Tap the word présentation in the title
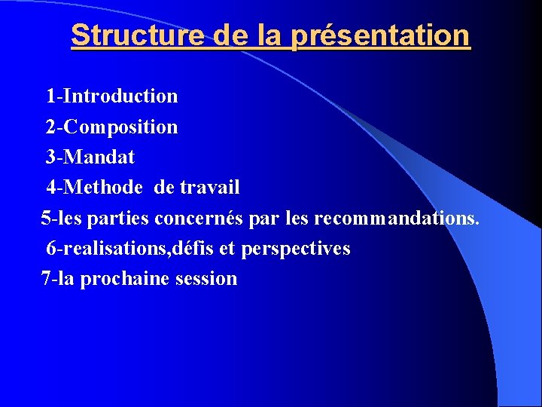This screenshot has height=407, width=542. point(379,35)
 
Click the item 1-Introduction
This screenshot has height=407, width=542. point(112,96)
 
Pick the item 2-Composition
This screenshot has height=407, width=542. point(112,127)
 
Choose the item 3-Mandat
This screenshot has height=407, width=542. point(90,157)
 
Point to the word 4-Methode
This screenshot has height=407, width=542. point(94,187)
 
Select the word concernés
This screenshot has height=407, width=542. point(199,218)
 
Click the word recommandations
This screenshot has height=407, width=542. point(396,218)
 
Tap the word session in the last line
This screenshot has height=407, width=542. point(206,279)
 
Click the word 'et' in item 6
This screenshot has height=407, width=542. point(229,248)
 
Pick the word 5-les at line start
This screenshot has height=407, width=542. point(62,218)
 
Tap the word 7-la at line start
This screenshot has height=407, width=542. point(58,279)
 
